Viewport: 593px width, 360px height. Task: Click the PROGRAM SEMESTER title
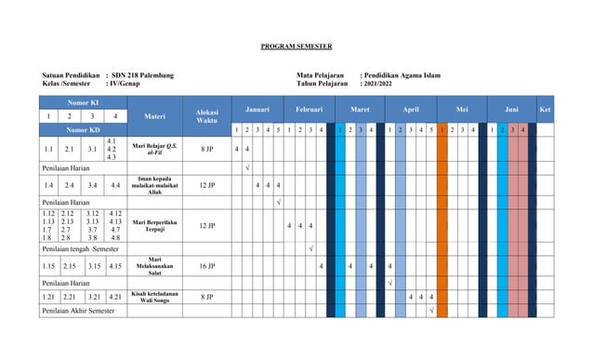296,46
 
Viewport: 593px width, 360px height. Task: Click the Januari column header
257,109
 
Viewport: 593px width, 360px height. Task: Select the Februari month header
308,109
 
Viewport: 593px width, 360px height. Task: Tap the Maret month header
359,109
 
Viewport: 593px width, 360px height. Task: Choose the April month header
410,109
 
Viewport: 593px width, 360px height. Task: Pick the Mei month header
461,109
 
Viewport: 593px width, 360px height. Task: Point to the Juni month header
512,109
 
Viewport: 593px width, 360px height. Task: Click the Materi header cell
155,116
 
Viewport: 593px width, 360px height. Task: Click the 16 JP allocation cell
207,266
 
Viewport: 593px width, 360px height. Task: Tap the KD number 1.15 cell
47,266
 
